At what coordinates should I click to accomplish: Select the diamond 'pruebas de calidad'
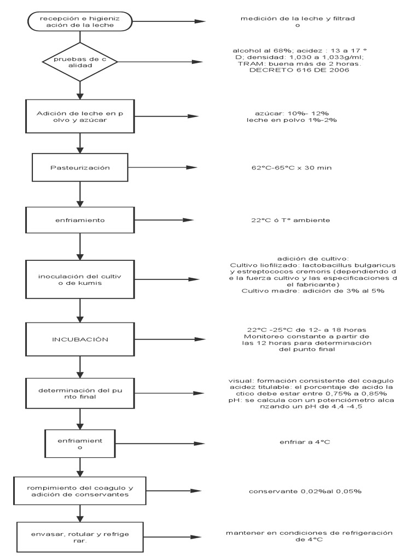click(80, 62)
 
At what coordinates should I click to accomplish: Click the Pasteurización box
click(80, 167)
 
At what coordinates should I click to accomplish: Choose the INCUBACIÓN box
click(80, 340)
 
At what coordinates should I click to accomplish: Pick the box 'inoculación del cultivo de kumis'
click(80, 279)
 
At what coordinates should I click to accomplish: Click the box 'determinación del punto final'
click(80, 394)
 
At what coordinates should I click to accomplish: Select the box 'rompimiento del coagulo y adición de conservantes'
click(80, 491)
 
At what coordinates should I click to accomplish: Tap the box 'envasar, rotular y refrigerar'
click(80, 538)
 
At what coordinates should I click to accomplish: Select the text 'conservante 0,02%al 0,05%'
click(305, 491)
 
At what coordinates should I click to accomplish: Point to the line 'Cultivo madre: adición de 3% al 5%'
click(313, 291)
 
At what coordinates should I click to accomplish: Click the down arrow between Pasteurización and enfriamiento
click(80, 194)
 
